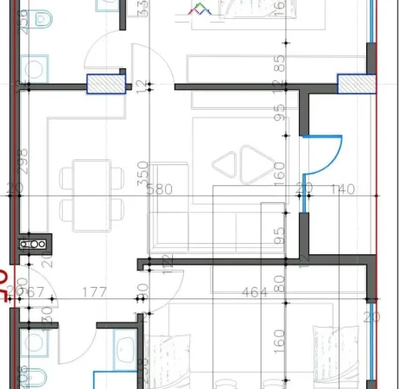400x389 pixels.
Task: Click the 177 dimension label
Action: click(x=95, y=293)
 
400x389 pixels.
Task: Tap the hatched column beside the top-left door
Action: click(x=102, y=84)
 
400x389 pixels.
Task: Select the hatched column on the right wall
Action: click(x=353, y=84)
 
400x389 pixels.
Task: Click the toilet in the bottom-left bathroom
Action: click(x=37, y=344)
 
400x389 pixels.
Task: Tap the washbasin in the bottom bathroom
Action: click(x=125, y=350)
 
